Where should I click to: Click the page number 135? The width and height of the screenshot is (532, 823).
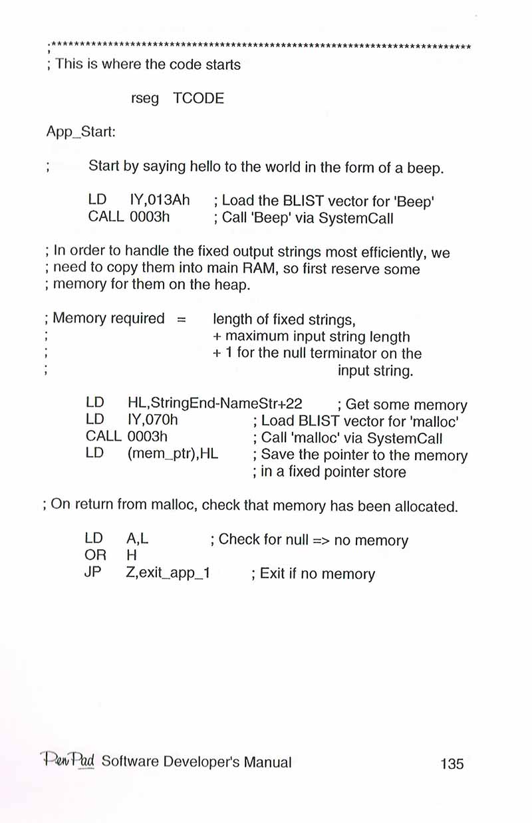point(452,763)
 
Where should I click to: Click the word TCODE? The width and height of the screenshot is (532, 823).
point(198,99)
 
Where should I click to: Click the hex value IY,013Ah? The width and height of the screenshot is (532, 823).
point(159,199)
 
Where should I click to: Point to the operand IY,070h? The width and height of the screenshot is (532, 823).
point(152,421)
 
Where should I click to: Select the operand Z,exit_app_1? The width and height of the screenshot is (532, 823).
point(168,573)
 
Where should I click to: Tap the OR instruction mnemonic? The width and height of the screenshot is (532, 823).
point(96,556)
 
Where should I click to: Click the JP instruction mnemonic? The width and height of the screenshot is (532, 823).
point(93,573)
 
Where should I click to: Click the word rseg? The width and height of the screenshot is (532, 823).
point(145,99)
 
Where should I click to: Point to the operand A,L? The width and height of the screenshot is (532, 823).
point(136,539)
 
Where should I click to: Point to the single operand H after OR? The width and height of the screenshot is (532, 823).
point(130,556)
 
